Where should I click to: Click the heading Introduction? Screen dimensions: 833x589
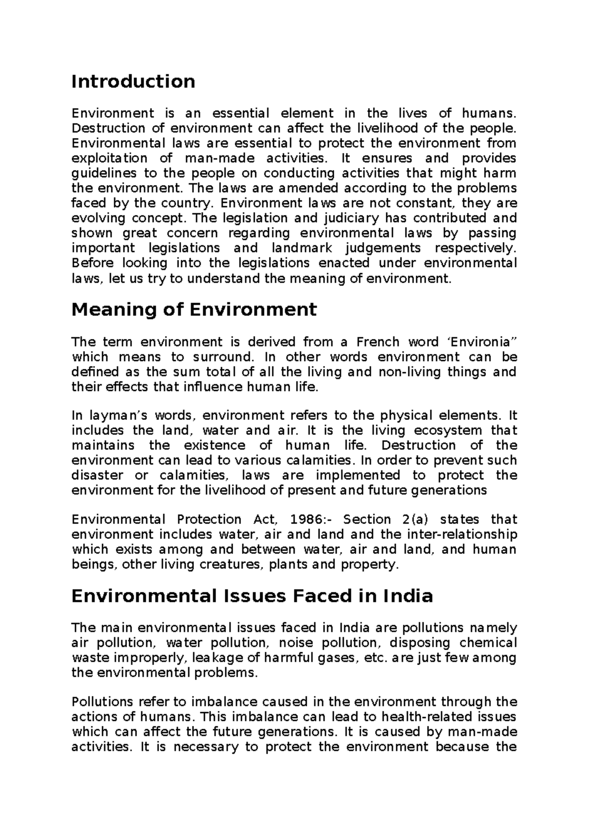(133, 81)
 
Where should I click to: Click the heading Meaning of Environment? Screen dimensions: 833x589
(194, 309)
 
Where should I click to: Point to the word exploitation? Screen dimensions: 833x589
(109, 158)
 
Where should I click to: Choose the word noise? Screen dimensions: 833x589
(295, 643)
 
